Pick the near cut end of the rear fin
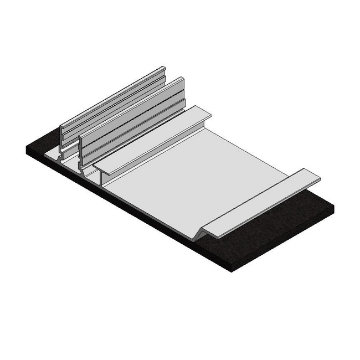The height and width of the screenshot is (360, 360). coord(62,138)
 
